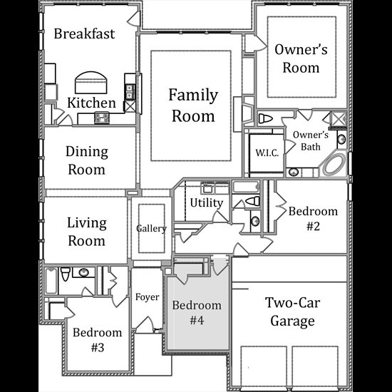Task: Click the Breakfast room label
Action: click(84, 33)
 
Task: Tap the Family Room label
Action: click(193, 105)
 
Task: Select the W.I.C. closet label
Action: click(267, 153)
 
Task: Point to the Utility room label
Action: click(206, 202)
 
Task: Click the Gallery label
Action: click(151, 229)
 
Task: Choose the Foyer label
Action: click(147, 297)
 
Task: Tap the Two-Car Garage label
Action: click(292, 311)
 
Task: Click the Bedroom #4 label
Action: click(197, 312)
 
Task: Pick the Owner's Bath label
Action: click(311, 140)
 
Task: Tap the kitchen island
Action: click(91, 83)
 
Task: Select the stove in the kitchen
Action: click(102, 118)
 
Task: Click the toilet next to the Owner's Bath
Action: click(265, 118)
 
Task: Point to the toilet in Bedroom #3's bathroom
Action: click(66, 274)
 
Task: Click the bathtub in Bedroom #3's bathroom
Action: click(51, 280)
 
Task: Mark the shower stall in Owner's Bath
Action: click(339, 119)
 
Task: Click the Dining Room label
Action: click(87, 160)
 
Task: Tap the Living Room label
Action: click(87, 232)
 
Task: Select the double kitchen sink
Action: click(129, 91)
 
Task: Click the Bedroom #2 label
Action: click(313, 219)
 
